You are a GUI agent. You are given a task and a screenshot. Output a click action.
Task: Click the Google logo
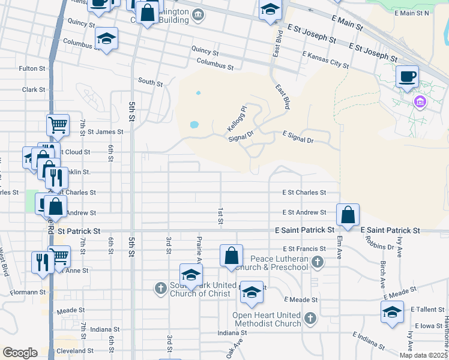pos(20,353)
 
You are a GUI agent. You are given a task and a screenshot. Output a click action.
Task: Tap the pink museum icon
pos(420,102)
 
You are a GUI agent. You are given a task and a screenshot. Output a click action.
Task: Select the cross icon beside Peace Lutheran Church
pos(318,262)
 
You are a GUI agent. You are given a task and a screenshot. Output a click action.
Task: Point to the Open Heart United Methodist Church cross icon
pos(310,318)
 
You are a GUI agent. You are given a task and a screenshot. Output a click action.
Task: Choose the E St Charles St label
pos(304,193)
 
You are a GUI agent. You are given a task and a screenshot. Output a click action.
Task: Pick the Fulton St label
pos(32,69)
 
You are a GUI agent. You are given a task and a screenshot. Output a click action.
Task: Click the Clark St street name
pos(34,89)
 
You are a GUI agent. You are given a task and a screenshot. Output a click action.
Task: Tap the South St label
pos(150,82)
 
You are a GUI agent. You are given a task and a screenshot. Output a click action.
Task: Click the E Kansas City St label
pos(326,59)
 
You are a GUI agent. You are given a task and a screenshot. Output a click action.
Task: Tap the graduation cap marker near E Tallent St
pos(392,311)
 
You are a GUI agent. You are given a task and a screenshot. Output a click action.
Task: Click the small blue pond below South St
pos(194,125)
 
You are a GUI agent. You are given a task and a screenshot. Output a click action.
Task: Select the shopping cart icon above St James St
pos(58,125)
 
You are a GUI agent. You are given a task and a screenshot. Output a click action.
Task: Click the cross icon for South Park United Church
pos(160,289)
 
